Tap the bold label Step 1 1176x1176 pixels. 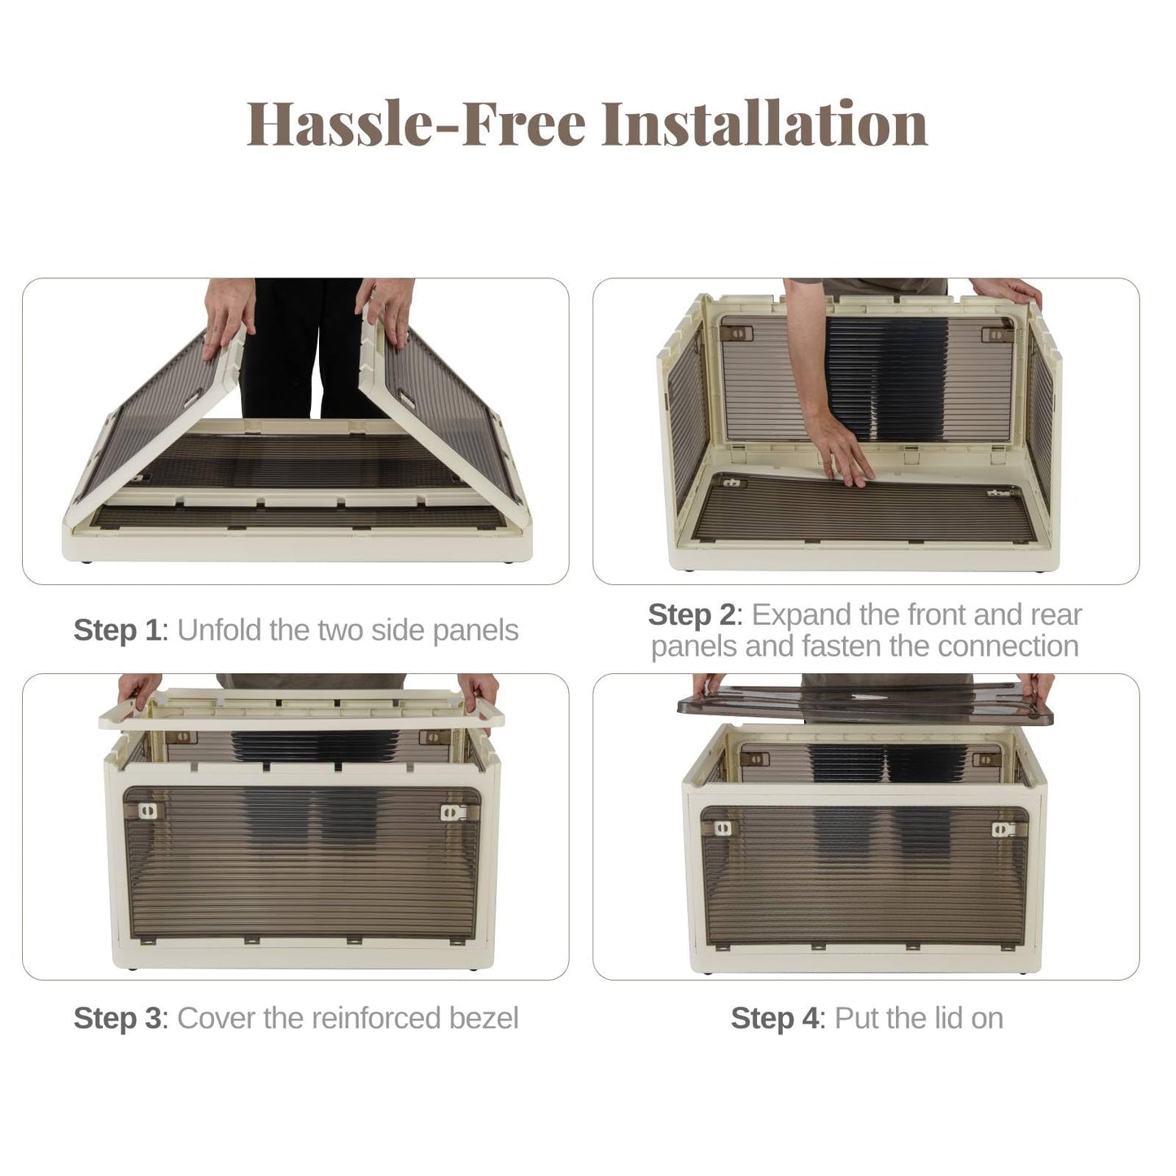[117, 631]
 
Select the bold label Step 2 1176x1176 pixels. [692, 614]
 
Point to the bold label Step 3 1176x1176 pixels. [117, 1019]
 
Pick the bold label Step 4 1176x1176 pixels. [775, 1019]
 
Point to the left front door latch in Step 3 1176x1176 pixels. [147, 811]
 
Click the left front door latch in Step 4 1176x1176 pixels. [724, 828]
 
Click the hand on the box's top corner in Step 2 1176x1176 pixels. [1006, 291]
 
